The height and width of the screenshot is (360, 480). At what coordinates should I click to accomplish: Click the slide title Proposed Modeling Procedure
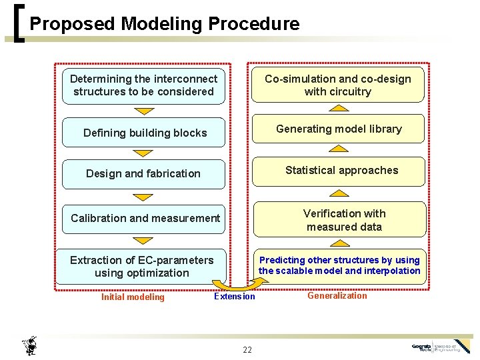point(165,24)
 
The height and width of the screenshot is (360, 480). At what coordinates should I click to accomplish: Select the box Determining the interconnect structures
point(143,85)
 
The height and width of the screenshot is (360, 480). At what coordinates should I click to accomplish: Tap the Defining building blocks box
point(145,133)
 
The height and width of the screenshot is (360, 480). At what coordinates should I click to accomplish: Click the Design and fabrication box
point(143,173)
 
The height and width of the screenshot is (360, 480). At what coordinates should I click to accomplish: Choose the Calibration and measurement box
point(145,218)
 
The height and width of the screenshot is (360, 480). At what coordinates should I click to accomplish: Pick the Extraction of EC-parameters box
point(142,267)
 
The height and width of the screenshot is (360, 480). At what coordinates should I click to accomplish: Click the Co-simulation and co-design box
point(337,85)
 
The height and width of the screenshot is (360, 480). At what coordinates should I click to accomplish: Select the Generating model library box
point(338,129)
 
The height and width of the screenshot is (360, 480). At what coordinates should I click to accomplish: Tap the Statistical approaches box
point(341,171)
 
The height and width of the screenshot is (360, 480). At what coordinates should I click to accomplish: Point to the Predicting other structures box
point(339,265)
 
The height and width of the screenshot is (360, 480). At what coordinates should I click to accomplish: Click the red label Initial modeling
point(133,297)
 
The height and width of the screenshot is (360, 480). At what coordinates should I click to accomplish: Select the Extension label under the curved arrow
point(234,296)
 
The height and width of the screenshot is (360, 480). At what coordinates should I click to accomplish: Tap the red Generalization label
point(337,295)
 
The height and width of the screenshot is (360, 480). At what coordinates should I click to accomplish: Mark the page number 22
point(247,349)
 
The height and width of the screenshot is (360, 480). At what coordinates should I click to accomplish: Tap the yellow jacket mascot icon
point(29,345)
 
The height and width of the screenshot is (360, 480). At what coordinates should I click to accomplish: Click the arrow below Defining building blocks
point(143,152)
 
